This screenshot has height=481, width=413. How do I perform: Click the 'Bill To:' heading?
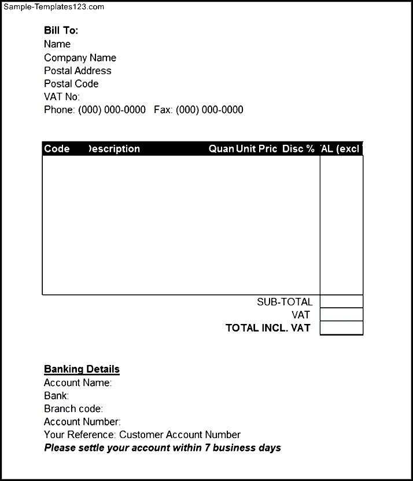point(61,31)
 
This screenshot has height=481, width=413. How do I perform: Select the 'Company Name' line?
point(80,57)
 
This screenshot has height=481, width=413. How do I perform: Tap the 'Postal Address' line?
point(78,71)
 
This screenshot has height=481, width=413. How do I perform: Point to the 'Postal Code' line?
point(71,84)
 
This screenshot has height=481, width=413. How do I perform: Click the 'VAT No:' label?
point(62,97)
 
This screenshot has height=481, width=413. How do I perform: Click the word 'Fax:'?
point(164,110)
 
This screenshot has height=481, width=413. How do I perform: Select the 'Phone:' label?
point(60,110)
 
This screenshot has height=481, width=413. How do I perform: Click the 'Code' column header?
point(57,149)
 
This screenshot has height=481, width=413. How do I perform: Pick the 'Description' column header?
point(114,149)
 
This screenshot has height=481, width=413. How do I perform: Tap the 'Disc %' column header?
point(298,149)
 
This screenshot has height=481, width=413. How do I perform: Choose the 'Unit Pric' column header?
point(257,149)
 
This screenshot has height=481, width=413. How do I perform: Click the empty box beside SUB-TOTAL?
point(341,301)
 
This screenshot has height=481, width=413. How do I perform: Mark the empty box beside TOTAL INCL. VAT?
point(341,328)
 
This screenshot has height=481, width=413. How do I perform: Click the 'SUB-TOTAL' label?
point(285,302)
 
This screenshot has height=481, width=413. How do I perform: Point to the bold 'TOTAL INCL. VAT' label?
point(268,328)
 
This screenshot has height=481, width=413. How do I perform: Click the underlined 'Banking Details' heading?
point(82,369)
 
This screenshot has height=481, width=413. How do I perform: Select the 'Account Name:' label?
point(78,382)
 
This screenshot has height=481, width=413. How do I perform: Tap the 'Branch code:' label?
point(73,409)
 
